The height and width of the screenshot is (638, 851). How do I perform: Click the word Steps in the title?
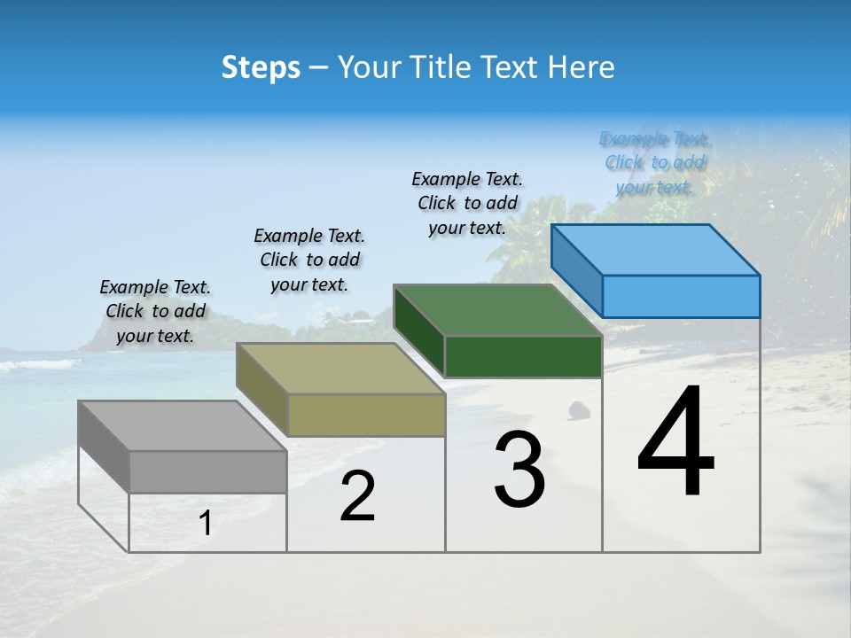tap(261, 68)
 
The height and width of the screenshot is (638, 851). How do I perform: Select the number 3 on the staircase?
tap(519, 470)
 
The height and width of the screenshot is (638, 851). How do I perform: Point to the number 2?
tap(357, 497)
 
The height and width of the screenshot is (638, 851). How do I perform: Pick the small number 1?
tap(205, 524)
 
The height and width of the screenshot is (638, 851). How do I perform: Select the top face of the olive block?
tap(341, 369)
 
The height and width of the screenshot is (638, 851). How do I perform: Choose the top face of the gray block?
tap(183, 426)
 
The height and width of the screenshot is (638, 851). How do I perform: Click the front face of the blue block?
tap(681, 296)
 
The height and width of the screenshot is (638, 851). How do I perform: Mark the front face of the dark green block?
tap(523, 356)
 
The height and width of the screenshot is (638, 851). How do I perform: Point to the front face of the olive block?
tap(366, 415)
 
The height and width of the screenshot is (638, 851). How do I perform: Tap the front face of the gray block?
tap(207, 471)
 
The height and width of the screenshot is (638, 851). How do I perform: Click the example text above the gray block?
tap(155, 311)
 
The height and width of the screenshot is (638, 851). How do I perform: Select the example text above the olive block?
tap(309, 260)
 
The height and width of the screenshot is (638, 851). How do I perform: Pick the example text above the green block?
tap(467, 203)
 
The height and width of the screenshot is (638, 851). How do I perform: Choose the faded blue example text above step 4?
tap(654, 162)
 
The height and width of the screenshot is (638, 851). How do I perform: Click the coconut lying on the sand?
tap(579, 409)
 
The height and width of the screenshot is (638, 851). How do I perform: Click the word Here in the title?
tap(582, 68)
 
